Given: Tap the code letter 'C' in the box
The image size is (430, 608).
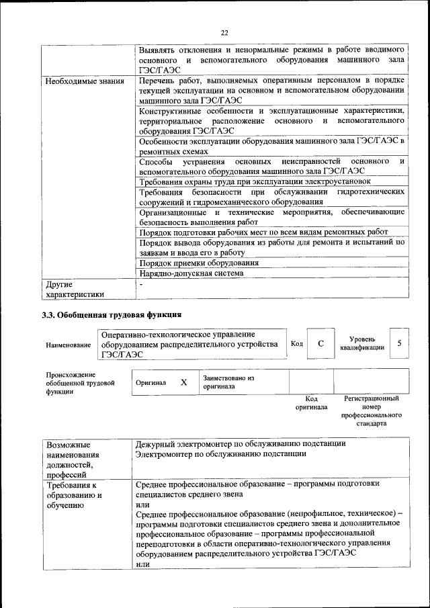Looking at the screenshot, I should pyautogui.click(x=321, y=344).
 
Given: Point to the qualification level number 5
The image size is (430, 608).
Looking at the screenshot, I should pyautogui.click(x=400, y=343).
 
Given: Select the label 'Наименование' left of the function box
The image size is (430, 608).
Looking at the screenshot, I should pyautogui.click(x=69, y=345).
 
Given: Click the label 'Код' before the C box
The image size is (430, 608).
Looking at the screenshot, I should pyautogui.click(x=296, y=344).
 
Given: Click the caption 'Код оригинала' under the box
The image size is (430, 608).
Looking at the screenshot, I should pyautogui.click(x=311, y=403).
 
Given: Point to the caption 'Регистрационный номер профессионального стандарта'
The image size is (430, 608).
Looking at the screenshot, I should pyautogui.click(x=371, y=411).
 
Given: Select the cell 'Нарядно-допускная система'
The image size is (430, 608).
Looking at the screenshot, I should pyautogui.click(x=191, y=273).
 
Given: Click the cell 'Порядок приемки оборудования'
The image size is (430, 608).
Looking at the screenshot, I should pyautogui.click(x=199, y=263).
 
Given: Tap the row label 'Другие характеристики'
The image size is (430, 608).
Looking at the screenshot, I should pyautogui.click(x=75, y=288).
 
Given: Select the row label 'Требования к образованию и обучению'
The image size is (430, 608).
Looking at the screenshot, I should pyautogui.click(x=72, y=494).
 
